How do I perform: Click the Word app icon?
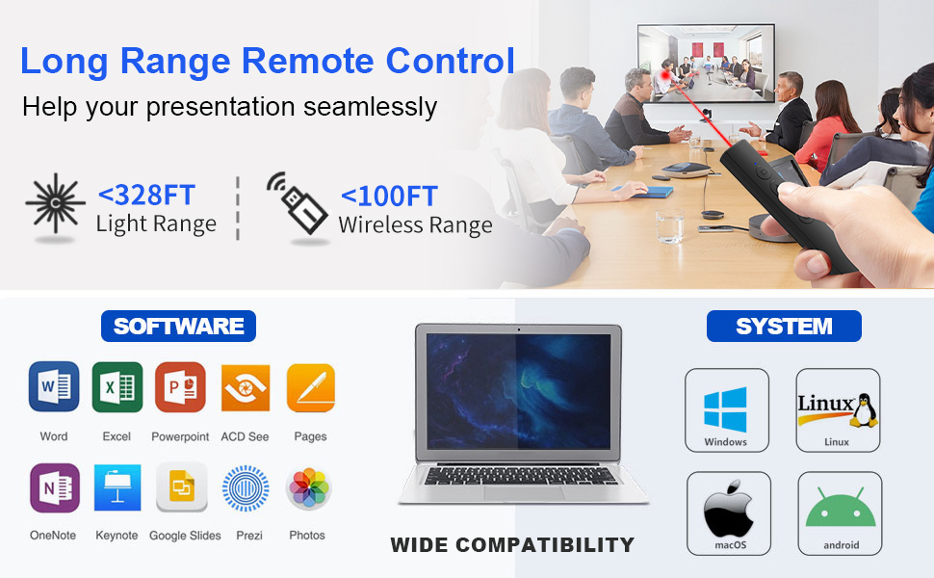(x=54, y=387)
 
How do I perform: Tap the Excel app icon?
(x=117, y=387)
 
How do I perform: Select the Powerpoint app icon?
(x=180, y=387)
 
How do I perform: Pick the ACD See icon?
(x=245, y=387)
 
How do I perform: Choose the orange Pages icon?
(x=310, y=387)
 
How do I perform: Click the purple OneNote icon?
(x=54, y=487)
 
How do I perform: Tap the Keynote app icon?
(x=117, y=487)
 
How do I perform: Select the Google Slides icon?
(x=182, y=488)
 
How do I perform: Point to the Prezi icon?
(x=245, y=488)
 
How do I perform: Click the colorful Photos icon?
(x=308, y=488)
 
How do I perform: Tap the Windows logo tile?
(x=726, y=409)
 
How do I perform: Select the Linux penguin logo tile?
(x=837, y=408)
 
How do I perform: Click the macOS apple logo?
(x=728, y=512)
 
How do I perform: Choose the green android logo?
(x=840, y=512)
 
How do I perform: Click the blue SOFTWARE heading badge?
(x=179, y=326)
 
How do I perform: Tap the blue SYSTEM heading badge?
(x=784, y=326)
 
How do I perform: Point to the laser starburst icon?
(x=55, y=204)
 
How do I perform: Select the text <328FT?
(x=146, y=195)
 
